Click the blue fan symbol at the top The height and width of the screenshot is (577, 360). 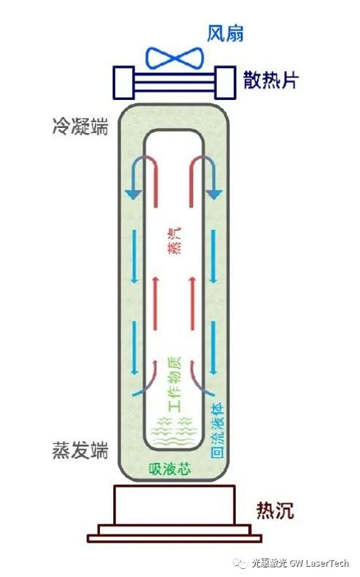174,58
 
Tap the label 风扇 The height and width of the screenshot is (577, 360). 225,34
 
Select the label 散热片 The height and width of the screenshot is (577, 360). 271,80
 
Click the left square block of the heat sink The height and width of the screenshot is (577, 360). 123,83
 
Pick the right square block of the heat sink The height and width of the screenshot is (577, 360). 225,83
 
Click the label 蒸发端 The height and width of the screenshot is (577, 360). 81,450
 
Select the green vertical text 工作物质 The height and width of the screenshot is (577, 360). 174,384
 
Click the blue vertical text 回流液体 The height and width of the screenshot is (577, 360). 217,431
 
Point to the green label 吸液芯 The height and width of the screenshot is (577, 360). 170,469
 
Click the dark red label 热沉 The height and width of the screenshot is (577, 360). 275,510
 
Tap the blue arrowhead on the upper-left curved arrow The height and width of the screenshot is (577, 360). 133,195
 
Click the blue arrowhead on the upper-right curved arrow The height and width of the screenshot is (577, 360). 214,195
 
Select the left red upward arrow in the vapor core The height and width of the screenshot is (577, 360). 155,303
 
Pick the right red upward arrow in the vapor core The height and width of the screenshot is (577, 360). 191,303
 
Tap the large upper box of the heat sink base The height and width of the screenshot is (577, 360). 174,505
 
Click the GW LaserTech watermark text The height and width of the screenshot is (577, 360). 319,563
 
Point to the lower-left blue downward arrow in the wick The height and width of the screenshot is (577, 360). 135,348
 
